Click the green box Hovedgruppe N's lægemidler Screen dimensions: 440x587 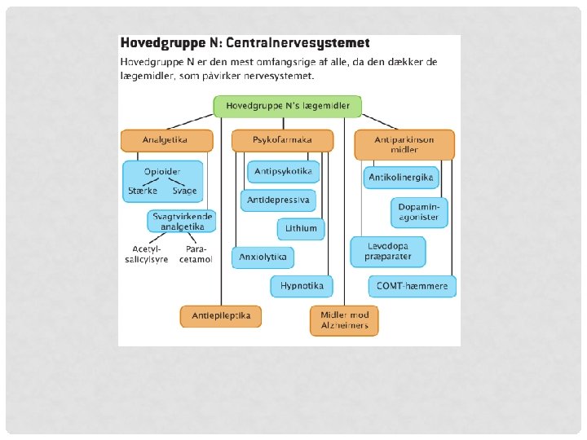click(287, 106)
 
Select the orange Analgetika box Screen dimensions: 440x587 click(166, 140)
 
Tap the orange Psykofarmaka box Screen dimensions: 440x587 click(283, 140)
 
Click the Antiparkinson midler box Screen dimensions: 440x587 click(404, 145)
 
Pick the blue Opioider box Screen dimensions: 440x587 click(163, 181)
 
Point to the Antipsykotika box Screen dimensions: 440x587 click(283, 172)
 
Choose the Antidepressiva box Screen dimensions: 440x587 click(280, 200)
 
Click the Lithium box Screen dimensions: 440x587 click(301, 229)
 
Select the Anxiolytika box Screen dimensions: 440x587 click(263, 257)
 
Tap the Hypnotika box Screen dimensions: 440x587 click(302, 286)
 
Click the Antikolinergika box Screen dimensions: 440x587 click(402, 177)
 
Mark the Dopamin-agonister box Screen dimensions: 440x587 click(421, 212)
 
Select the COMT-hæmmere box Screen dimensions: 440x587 click(413, 286)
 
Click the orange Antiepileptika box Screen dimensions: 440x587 click(221, 315)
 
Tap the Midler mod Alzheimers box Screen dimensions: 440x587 click(344, 320)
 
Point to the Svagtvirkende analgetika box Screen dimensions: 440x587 click(183, 222)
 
